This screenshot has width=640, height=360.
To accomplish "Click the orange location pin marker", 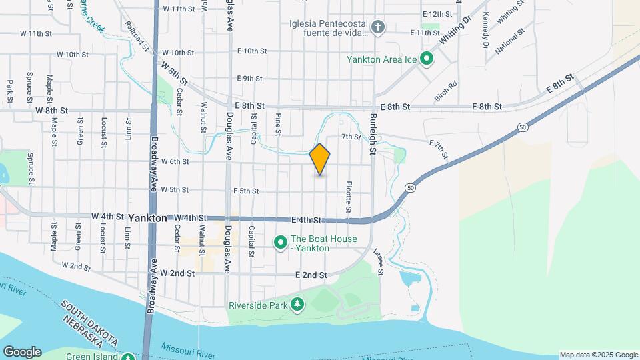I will tap(320, 159).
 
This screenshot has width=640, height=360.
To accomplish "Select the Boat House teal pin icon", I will tap(281, 241).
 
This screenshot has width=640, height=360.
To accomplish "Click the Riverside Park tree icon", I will tap(297, 305).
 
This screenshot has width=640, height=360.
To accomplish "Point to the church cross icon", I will tap(379, 27).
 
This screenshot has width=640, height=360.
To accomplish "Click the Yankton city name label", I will tap(147, 218).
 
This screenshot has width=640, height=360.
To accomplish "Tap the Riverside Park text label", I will tap(257, 306).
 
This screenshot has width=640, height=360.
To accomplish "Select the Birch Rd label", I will tap(445, 91).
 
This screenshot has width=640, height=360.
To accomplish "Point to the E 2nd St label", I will tap(311, 275).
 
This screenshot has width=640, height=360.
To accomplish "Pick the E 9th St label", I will tap(250, 79).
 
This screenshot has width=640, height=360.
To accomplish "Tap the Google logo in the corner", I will tap(22, 351).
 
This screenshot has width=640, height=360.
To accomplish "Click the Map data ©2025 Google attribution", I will tap(598, 355).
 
